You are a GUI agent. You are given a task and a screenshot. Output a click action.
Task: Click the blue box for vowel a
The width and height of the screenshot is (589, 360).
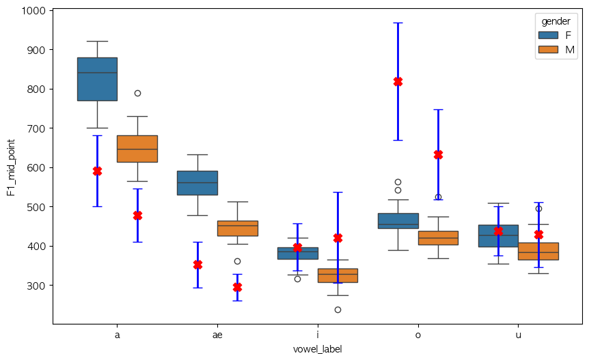(97, 79)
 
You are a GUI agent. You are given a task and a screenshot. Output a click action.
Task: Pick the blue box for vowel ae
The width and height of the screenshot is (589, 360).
(197, 182)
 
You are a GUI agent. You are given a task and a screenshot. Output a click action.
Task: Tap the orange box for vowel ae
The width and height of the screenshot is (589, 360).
(237, 228)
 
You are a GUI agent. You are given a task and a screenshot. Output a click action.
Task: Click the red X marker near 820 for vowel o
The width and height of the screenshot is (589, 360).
(398, 81)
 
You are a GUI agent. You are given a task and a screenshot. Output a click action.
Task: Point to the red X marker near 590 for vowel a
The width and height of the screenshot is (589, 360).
(97, 171)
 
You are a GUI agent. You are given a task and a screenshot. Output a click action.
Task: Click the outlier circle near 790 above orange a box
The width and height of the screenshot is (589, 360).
(137, 93)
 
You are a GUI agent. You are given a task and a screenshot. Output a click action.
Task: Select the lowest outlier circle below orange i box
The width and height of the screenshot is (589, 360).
(338, 309)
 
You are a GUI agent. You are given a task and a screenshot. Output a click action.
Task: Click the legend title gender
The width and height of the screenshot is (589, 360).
(556, 22)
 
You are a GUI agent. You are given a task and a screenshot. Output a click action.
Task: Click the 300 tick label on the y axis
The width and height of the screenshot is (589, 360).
(36, 286)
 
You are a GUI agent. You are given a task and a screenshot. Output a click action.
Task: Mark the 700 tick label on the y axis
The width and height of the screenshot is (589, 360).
(36, 128)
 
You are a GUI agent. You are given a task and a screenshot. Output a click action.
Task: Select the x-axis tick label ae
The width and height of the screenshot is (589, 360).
(217, 336)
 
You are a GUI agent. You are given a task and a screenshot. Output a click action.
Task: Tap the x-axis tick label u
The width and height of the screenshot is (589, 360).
(518, 336)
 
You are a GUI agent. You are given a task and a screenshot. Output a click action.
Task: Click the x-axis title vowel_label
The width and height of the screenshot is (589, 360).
(318, 349)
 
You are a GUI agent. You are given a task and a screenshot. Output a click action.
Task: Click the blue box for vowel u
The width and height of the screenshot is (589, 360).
(498, 236)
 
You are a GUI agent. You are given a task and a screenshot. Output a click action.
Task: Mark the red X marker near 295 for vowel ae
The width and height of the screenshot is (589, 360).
(237, 287)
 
